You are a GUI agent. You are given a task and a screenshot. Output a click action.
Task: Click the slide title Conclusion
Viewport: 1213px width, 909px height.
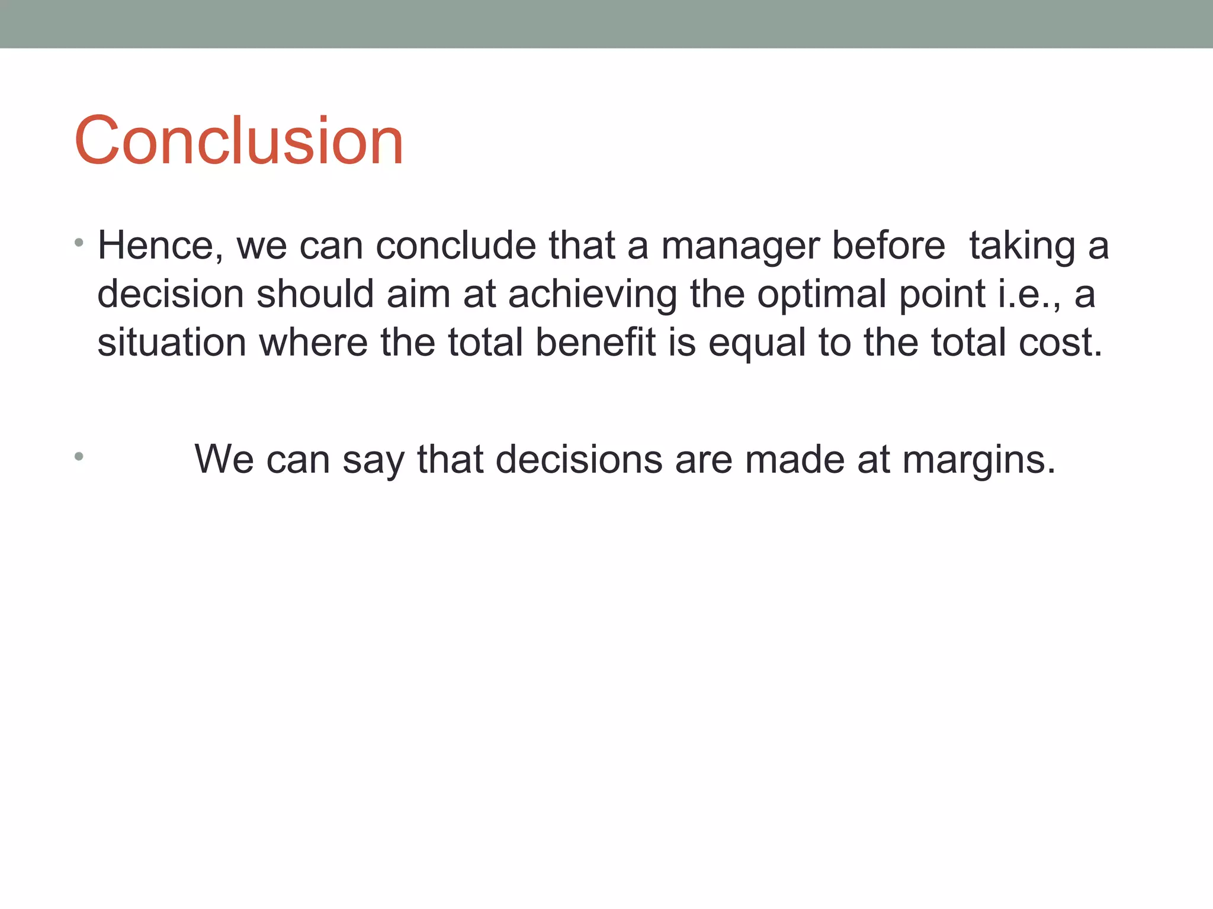pyautogui.click(x=239, y=141)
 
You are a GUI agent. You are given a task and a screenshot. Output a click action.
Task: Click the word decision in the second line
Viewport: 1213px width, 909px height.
pyautogui.click(x=170, y=294)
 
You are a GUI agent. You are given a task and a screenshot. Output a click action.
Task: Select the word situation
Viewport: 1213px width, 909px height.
pyautogui.click(x=171, y=343)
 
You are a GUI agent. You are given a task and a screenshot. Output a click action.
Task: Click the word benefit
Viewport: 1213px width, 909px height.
pyautogui.click(x=595, y=343)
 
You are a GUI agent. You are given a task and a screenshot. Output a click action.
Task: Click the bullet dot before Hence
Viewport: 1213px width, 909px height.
pyautogui.click(x=79, y=243)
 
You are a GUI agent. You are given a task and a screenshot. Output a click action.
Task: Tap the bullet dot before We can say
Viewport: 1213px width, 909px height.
pyautogui.click(x=79, y=456)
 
